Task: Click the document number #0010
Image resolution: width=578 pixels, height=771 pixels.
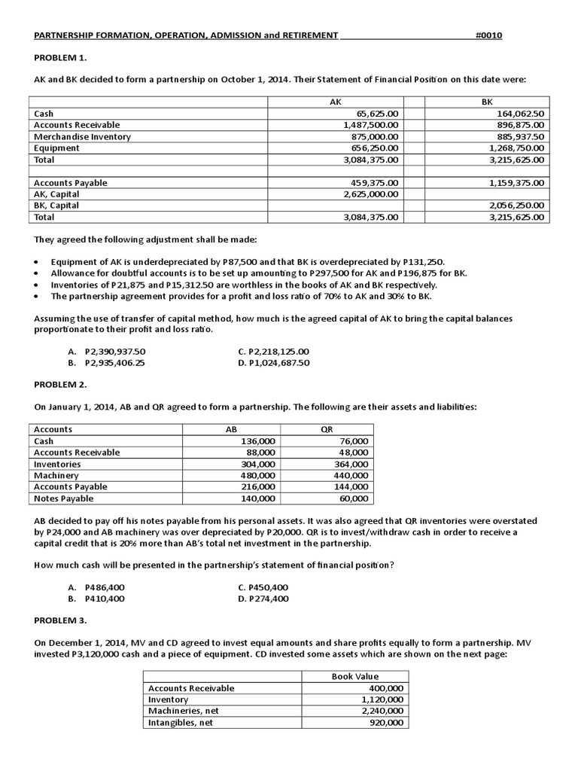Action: pyautogui.click(x=489, y=35)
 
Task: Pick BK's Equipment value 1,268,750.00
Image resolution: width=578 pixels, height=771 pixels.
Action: pyautogui.click(x=516, y=148)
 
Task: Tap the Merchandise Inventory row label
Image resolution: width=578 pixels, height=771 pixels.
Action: pyautogui.click(x=82, y=136)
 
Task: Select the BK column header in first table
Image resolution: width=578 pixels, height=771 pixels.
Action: pyautogui.click(x=487, y=101)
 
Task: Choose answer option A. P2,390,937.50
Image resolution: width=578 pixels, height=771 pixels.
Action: pyautogui.click(x=106, y=351)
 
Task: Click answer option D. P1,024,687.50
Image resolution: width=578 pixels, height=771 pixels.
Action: pyautogui.click(x=273, y=362)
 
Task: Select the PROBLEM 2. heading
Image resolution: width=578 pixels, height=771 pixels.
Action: pyautogui.click(x=61, y=384)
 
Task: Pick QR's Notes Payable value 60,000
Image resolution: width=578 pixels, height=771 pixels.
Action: pyautogui.click(x=354, y=498)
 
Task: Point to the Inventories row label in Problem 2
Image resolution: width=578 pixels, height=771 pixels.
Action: pyautogui.click(x=57, y=464)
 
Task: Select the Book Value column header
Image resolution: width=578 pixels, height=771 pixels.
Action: pyautogui.click(x=355, y=676)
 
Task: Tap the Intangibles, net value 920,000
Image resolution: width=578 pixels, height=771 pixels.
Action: pyautogui.click(x=386, y=722)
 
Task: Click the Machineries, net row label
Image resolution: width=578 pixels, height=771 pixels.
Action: pyautogui.click(x=181, y=711)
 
